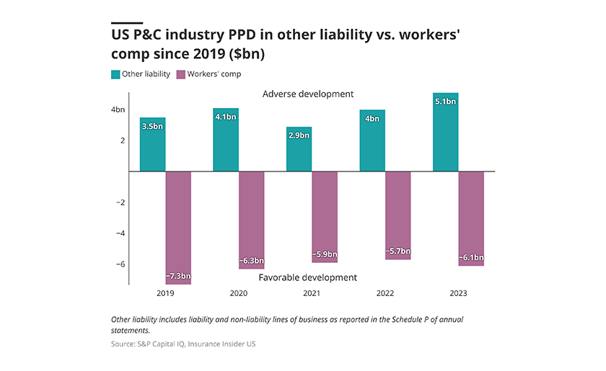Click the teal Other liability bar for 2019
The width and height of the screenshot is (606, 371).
[x=152, y=144]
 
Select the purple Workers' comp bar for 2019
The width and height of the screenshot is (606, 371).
[x=178, y=228]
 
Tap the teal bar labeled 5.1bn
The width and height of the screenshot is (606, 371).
[x=446, y=132]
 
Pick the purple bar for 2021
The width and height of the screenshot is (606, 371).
[x=325, y=217]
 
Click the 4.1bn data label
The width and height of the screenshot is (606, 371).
[x=226, y=117]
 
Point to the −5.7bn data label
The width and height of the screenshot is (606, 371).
[x=398, y=251]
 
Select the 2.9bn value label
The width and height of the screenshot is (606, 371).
[x=299, y=135]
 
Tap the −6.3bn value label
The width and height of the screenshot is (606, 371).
[x=252, y=261]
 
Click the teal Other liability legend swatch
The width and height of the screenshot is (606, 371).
[x=115, y=74]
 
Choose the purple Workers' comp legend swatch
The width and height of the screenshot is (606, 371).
[x=181, y=74]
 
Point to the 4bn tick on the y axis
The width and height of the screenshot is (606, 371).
[x=118, y=109]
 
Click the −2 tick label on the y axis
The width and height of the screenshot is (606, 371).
[x=120, y=202]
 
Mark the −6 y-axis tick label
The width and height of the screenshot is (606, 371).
[x=120, y=264]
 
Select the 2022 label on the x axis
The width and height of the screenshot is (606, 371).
[x=385, y=293]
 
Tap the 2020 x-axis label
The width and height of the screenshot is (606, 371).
[x=239, y=293]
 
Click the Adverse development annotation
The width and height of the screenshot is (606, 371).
[x=308, y=94]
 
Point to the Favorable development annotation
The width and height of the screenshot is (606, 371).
[x=308, y=277]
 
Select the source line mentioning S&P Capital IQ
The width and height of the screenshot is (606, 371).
[x=183, y=344]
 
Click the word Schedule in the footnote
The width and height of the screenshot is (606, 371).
[x=407, y=320]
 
